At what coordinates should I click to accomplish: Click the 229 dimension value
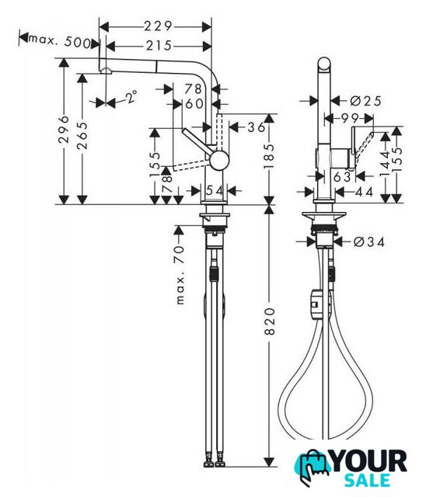click(x=158, y=26)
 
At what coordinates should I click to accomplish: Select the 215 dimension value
click(x=159, y=46)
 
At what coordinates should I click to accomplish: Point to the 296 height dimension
click(x=65, y=130)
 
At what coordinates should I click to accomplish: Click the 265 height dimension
click(x=82, y=135)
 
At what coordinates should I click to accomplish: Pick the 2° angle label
click(x=131, y=97)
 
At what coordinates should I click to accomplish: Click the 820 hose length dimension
click(x=269, y=321)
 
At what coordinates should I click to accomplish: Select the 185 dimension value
click(x=269, y=156)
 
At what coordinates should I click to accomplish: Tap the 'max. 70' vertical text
click(x=180, y=274)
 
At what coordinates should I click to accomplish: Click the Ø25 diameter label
click(x=365, y=101)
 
